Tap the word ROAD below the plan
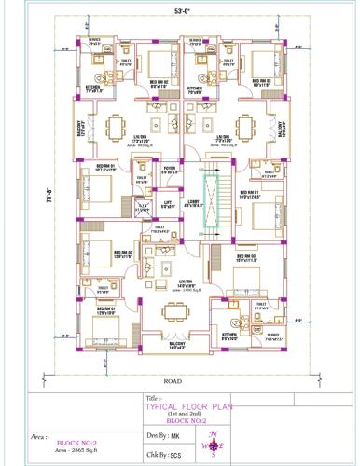point(173,380)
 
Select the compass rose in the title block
point(215,446)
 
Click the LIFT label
point(167,201)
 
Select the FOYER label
point(168,170)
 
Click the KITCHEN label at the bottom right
point(229,337)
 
